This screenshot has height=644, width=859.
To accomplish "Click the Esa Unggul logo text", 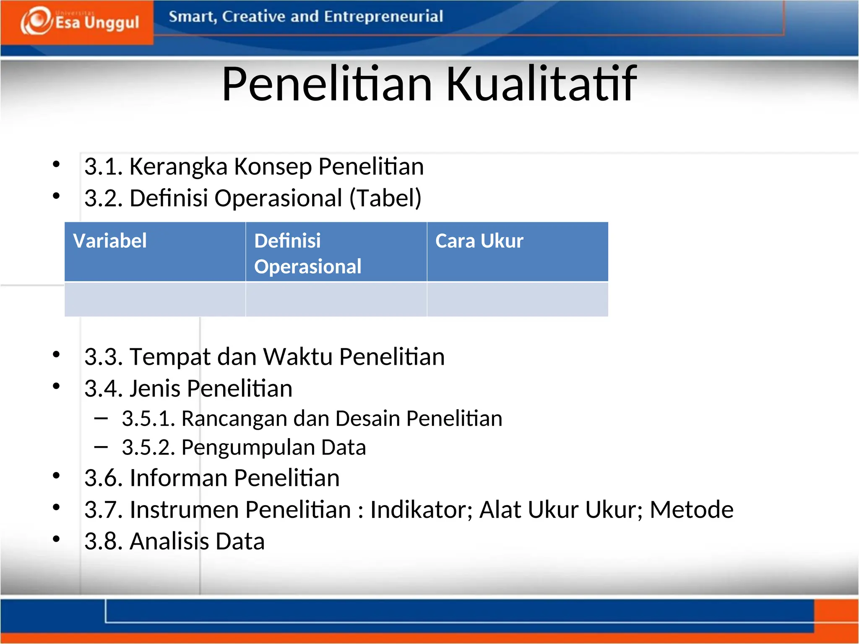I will click(97, 22).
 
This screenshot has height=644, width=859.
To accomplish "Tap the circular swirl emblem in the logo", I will click(37, 21).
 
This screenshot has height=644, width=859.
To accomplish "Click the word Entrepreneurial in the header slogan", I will click(383, 16).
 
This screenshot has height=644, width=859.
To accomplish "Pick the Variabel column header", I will click(110, 241).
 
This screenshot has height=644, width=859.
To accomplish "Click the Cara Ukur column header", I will click(479, 241).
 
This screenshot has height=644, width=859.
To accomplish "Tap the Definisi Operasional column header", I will click(307, 253).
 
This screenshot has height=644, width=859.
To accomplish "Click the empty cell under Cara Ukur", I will click(517, 299).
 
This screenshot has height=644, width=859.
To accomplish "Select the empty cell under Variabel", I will click(155, 299).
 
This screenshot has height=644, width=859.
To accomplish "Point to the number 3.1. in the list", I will click(103, 166).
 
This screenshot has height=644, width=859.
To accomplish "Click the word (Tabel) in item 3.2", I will click(385, 198).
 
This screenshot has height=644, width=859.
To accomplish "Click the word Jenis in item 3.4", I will click(155, 388).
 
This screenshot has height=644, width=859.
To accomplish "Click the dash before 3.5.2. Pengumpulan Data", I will click(101, 447).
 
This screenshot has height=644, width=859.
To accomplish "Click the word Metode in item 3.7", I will click(691, 510).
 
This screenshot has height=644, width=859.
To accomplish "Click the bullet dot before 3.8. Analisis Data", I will click(56, 539).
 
